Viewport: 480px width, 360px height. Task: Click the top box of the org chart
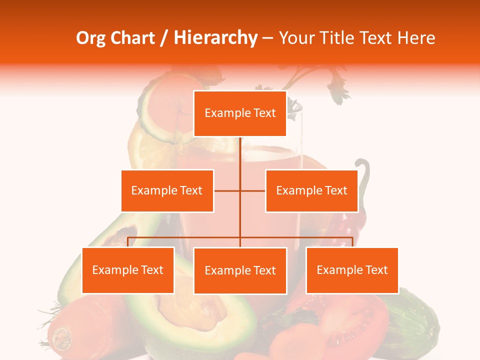click(240, 113)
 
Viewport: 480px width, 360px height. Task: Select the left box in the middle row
click(167, 190)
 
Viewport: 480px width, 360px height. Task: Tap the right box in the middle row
click(311, 190)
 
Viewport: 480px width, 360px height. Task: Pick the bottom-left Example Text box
click(128, 270)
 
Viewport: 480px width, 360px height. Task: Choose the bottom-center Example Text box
click(240, 270)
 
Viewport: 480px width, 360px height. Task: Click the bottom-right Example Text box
click(352, 270)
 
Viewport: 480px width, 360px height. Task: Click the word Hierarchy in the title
click(215, 38)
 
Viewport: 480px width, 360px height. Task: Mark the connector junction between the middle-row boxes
click(240, 190)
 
